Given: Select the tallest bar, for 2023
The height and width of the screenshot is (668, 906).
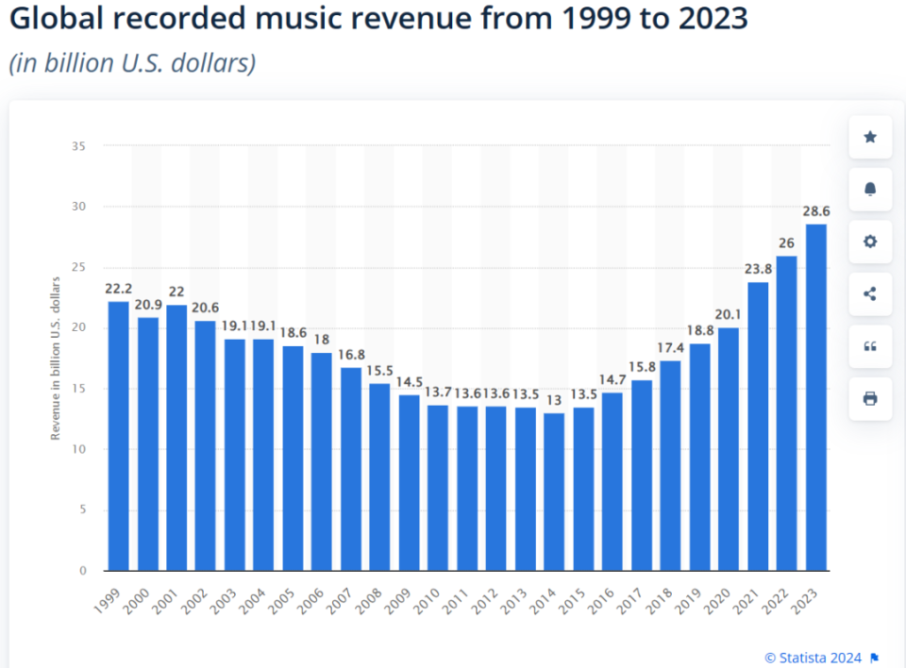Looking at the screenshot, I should (815, 397).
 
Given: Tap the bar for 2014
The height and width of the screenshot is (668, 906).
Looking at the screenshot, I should (554, 492).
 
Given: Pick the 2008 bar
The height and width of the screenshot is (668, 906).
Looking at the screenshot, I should (379, 476).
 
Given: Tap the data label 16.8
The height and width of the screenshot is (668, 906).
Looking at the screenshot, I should (350, 357).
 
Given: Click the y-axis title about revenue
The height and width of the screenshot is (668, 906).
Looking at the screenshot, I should (56, 358).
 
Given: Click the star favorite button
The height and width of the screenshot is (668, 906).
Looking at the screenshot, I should (870, 138).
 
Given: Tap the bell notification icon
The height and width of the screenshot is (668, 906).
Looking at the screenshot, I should (870, 190).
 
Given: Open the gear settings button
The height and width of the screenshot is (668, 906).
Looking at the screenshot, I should (870, 242).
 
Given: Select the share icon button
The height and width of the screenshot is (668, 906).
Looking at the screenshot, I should (870, 293).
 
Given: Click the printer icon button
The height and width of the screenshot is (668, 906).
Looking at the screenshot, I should (870, 398).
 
